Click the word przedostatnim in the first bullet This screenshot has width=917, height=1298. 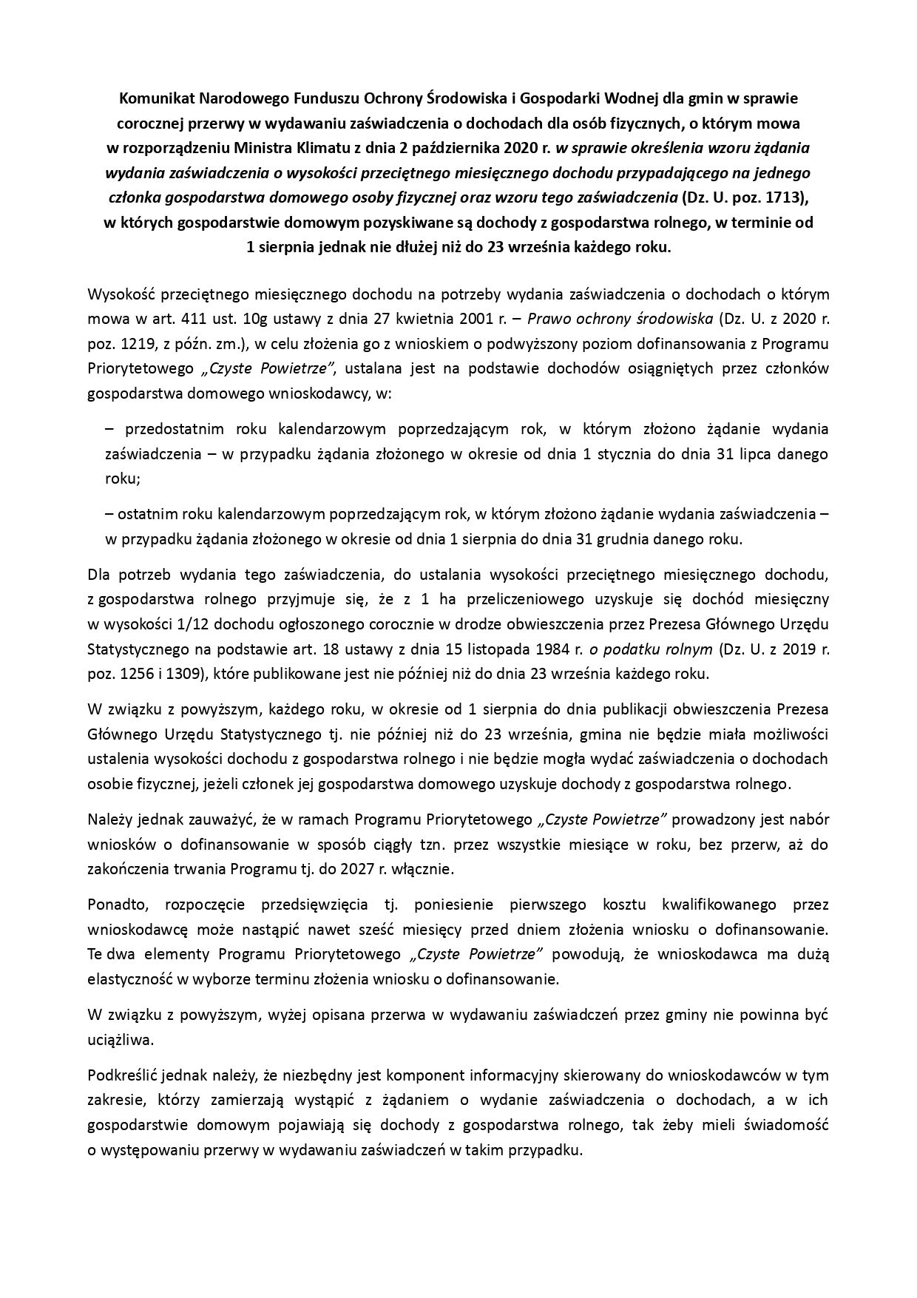tap(174, 429)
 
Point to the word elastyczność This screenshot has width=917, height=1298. tap(126, 978)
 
